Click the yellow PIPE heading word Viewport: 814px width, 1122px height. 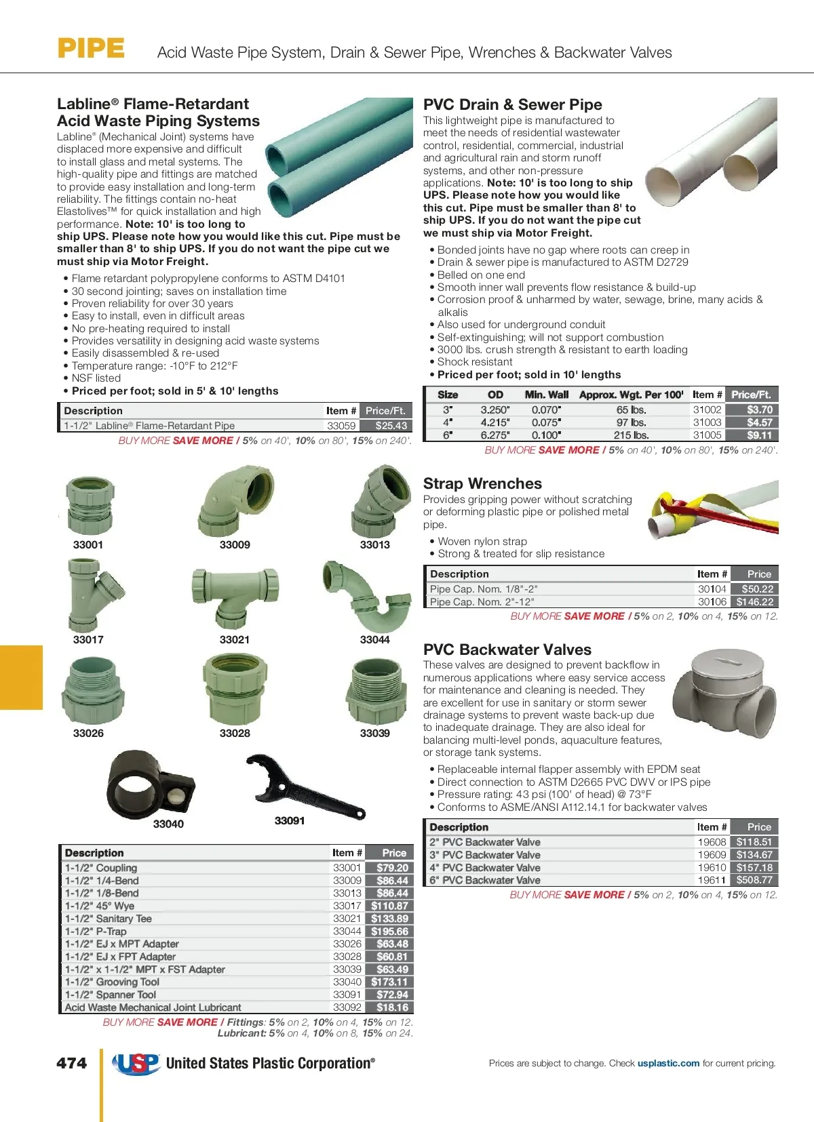[91, 49]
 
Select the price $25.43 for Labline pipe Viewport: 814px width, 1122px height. [391, 426]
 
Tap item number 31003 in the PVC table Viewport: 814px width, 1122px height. [707, 422]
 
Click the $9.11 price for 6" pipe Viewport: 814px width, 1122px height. [759, 435]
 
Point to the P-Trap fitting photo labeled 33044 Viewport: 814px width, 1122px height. [366, 596]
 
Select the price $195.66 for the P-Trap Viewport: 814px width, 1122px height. [389, 931]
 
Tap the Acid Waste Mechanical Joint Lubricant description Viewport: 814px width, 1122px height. [153, 1007]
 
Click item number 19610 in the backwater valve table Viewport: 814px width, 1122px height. [712, 868]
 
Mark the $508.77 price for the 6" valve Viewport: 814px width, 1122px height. [754, 880]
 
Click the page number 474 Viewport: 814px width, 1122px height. [71, 1063]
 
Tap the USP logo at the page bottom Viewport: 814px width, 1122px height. [136, 1063]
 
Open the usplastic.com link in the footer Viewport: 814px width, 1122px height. [668, 1063]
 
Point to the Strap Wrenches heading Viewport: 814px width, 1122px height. [482, 483]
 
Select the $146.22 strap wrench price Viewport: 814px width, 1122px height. [754, 602]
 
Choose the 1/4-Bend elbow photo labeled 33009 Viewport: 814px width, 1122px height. [236, 502]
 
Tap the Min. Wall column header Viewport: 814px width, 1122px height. [547, 395]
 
